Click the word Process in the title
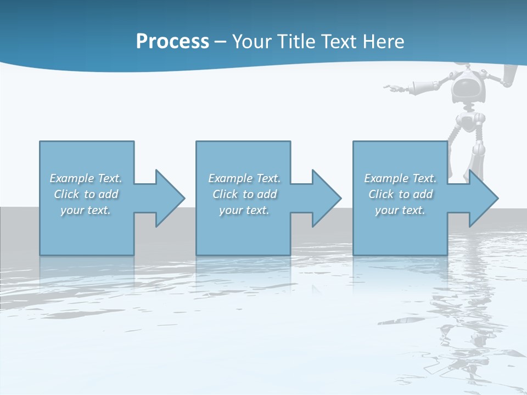pyautogui.click(x=172, y=42)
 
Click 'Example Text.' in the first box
pyautogui.click(x=86, y=178)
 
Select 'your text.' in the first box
pyautogui.click(x=86, y=210)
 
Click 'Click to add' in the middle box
pyautogui.click(x=244, y=194)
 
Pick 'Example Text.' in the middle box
pyautogui.click(x=244, y=178)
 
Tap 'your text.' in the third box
pyautogui.click(x=400, y=210)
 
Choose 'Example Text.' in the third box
pyautogui.click(x=400, y=178)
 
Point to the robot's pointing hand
pyautogui.click(x=391, y=87)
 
